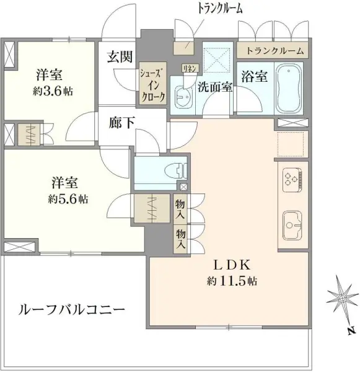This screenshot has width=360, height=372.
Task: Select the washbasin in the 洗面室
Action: click(183, 96)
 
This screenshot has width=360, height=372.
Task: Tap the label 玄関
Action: click(120, 58)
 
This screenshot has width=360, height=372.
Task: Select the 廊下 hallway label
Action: click(120, 123)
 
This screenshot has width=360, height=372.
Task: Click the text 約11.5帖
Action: click(232, 281)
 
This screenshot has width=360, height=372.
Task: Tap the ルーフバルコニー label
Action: click(72, 308)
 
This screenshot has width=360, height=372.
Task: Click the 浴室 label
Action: click(254, 77)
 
